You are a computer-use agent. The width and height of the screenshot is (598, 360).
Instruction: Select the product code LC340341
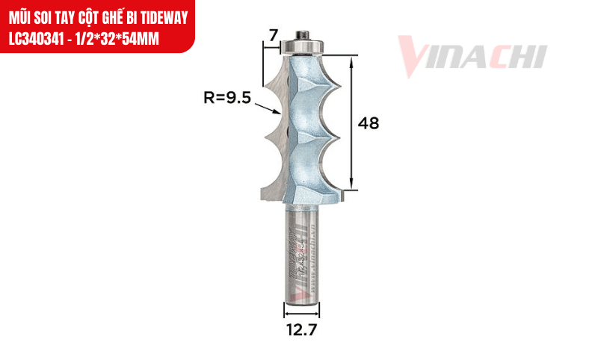39,38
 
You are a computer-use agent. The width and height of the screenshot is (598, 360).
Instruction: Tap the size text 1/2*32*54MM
117,38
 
